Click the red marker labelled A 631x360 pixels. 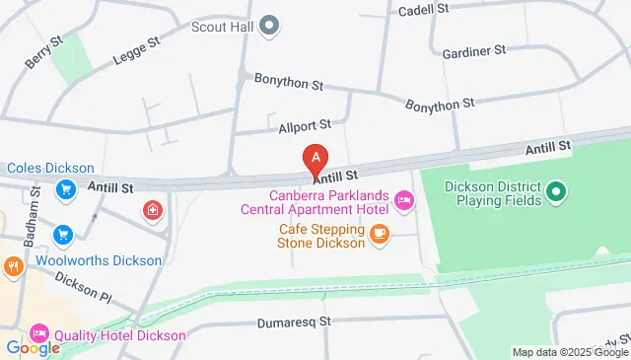(315, 157)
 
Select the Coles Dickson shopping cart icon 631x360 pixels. (65, 188)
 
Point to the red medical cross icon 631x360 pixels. (152, 209)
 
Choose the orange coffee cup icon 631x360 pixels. (380, 234)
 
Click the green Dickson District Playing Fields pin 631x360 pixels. (555, 189)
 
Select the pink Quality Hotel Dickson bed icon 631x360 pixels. (39, 333)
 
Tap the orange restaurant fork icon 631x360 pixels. (12, 265)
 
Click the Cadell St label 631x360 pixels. (424, 9)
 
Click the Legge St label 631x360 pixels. (139, 49)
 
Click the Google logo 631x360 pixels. (33, 347)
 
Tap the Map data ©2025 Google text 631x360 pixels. (570, 352)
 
